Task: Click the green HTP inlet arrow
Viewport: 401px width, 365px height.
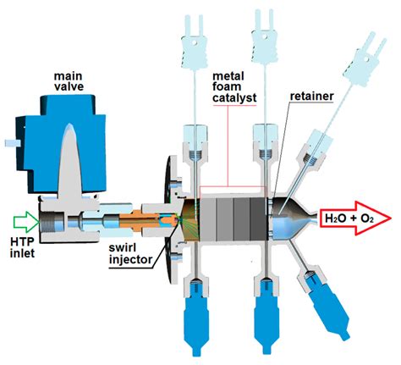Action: pyautogui.click(x=26, y=220)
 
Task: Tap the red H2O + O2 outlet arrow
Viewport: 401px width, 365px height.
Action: pyautogui.click(x=355, y=218)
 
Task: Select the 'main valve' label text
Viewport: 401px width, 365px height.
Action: pyautogui.click(x=69, y=81)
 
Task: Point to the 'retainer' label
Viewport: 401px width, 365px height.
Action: pyautogui.click(x=312, y=97)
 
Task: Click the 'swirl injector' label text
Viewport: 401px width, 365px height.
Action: pyautogui.click(x=130, y=253)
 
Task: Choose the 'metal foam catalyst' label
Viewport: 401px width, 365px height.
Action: pyautogui.click(x=234, y=87)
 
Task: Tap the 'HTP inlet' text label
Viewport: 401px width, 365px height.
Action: pyautogui.click(x=22, y=247)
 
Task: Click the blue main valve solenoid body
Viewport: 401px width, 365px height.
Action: pyautogui.click(x=62, y=144)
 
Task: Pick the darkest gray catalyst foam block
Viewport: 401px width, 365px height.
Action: pyautogui.click(x=259, y=218)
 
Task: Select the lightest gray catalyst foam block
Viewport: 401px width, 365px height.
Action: pyautogui.click(x=208, y=218)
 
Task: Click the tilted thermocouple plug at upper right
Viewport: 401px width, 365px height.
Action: pyautogui.click(x=364, y=59)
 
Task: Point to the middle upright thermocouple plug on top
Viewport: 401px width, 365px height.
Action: pyautogui.click(x=264, y=36)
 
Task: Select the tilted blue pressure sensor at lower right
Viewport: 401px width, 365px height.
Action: pyautogui.click(x=327, y=307)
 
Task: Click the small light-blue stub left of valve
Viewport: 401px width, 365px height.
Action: pyautogui.click(x=13, y=143)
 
